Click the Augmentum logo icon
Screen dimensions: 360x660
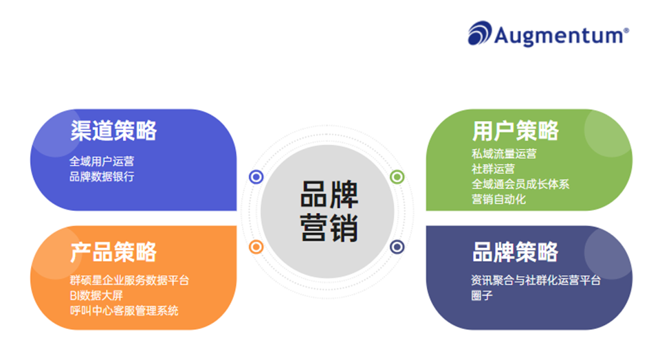pos(480,34)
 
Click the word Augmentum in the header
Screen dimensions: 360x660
pos(561,35)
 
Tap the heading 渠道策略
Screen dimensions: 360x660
pos(113,131)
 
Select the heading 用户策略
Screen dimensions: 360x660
pos(516,131)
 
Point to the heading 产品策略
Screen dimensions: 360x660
pos(113,251)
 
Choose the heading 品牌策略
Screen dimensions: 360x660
pos(516,251)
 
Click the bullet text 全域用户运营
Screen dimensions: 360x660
pos(102,162)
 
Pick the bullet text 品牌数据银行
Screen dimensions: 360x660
pos(102,177)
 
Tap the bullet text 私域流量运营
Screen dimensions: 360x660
pos(504,154)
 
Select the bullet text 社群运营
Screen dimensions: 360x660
pos(493,169)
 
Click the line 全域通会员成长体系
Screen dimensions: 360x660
pos(520,184)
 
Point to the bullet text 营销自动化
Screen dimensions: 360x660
pos(498,199)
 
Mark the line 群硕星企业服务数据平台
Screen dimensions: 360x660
pos(129,280)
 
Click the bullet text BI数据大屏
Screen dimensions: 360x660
pos(96,295)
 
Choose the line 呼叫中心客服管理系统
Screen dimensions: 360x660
pos(124,311)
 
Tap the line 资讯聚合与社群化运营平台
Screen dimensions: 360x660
pos(536,280)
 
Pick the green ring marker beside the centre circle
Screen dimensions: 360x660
pos(397,177)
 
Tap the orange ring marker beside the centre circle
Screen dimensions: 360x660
pos(256,246)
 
